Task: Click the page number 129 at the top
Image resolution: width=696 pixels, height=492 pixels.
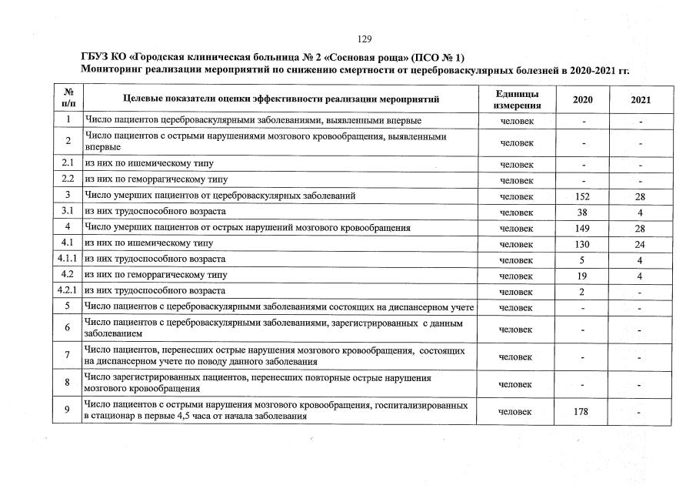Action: (x=365, y=39)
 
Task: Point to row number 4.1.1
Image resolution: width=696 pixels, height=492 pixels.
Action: (x=68, y=259)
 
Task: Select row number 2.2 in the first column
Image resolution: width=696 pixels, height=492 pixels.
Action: (x=68, y=179)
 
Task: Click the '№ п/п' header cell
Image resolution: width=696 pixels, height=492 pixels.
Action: (x=68, y=98)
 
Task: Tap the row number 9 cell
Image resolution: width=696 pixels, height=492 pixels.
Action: (x=68, y=410)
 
